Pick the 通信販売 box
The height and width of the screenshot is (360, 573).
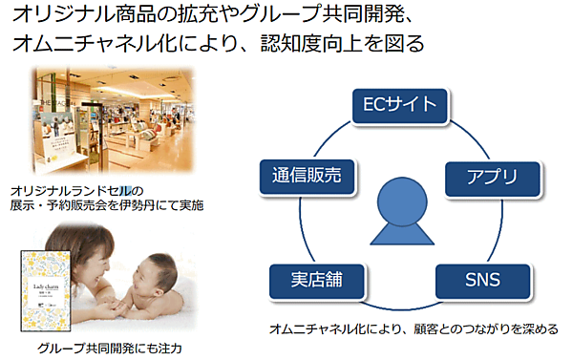(308, 176)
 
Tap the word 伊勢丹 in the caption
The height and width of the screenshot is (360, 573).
(145, 204)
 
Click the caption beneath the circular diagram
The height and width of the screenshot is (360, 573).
(414, 329)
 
